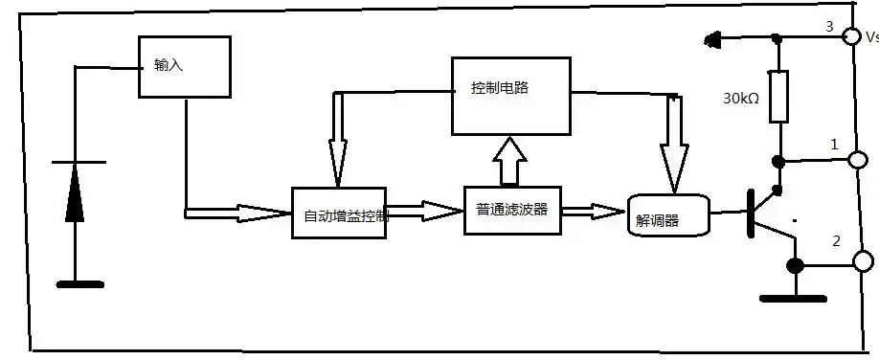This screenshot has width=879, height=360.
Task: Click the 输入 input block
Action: (x=186, y=67)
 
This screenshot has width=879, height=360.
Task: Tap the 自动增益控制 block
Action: (x=339, y=213)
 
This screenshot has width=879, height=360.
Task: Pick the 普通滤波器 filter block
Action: (x=511, y=210)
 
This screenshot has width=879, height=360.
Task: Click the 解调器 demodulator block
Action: (x=668, y=215)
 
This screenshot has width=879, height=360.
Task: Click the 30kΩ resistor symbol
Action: (x=778, y=96)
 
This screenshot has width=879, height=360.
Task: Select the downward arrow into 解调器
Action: (x=675, y=148)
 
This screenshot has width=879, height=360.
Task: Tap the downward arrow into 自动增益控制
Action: (x=338, y=144)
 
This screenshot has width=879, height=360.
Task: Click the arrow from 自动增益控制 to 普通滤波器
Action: (x=425, y=210)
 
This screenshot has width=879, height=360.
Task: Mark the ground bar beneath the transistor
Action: (x=793, y=298)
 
